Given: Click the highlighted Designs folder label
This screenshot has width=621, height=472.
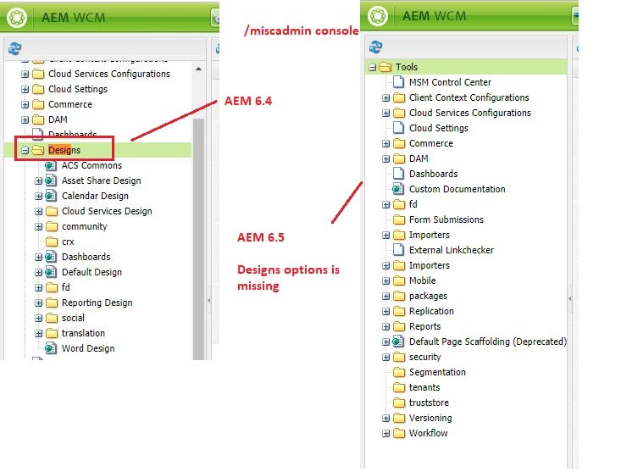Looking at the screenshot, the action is pos(64,150).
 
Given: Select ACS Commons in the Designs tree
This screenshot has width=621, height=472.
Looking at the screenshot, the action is pos(91,165).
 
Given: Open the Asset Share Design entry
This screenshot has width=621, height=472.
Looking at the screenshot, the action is pos(102,180).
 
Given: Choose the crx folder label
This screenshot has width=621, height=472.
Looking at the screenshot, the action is pos(68,242).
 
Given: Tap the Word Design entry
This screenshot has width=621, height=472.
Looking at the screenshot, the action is pos(88,348).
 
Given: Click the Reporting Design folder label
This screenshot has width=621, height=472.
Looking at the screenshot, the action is pos(97,303).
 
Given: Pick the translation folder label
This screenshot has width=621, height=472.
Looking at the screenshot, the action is pos(83,333).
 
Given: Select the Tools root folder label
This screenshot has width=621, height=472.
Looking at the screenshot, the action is pos(407,67).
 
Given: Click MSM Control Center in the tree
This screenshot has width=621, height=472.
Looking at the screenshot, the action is pos(451,82).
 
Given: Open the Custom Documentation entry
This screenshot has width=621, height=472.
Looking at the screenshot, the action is pos(457,189).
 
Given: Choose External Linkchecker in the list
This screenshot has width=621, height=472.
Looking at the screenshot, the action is pos(452,250).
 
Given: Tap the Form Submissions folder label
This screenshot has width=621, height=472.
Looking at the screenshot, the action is pos(446,219).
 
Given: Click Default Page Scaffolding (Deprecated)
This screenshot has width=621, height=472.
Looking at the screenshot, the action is pos(488,342).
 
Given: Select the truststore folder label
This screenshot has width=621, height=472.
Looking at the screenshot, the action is pos(429,403).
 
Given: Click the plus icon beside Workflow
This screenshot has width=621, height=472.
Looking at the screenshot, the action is pos(385,434).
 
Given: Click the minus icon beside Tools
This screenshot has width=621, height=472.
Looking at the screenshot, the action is pos(372,67).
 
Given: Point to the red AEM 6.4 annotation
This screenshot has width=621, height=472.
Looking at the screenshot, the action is pos(248,101).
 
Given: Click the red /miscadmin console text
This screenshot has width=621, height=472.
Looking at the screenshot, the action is pos(302,31).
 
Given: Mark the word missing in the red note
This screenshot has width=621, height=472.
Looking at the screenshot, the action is pos(258,286).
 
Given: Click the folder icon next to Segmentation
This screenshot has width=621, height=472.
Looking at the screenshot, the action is pos(399,372).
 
